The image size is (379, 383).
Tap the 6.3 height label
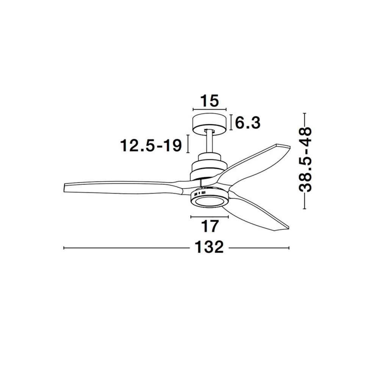pos(247,123)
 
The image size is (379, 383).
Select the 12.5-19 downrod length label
pos(151,146)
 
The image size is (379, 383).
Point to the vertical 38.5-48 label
pos(305,159)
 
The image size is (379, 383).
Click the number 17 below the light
pos(210,227)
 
